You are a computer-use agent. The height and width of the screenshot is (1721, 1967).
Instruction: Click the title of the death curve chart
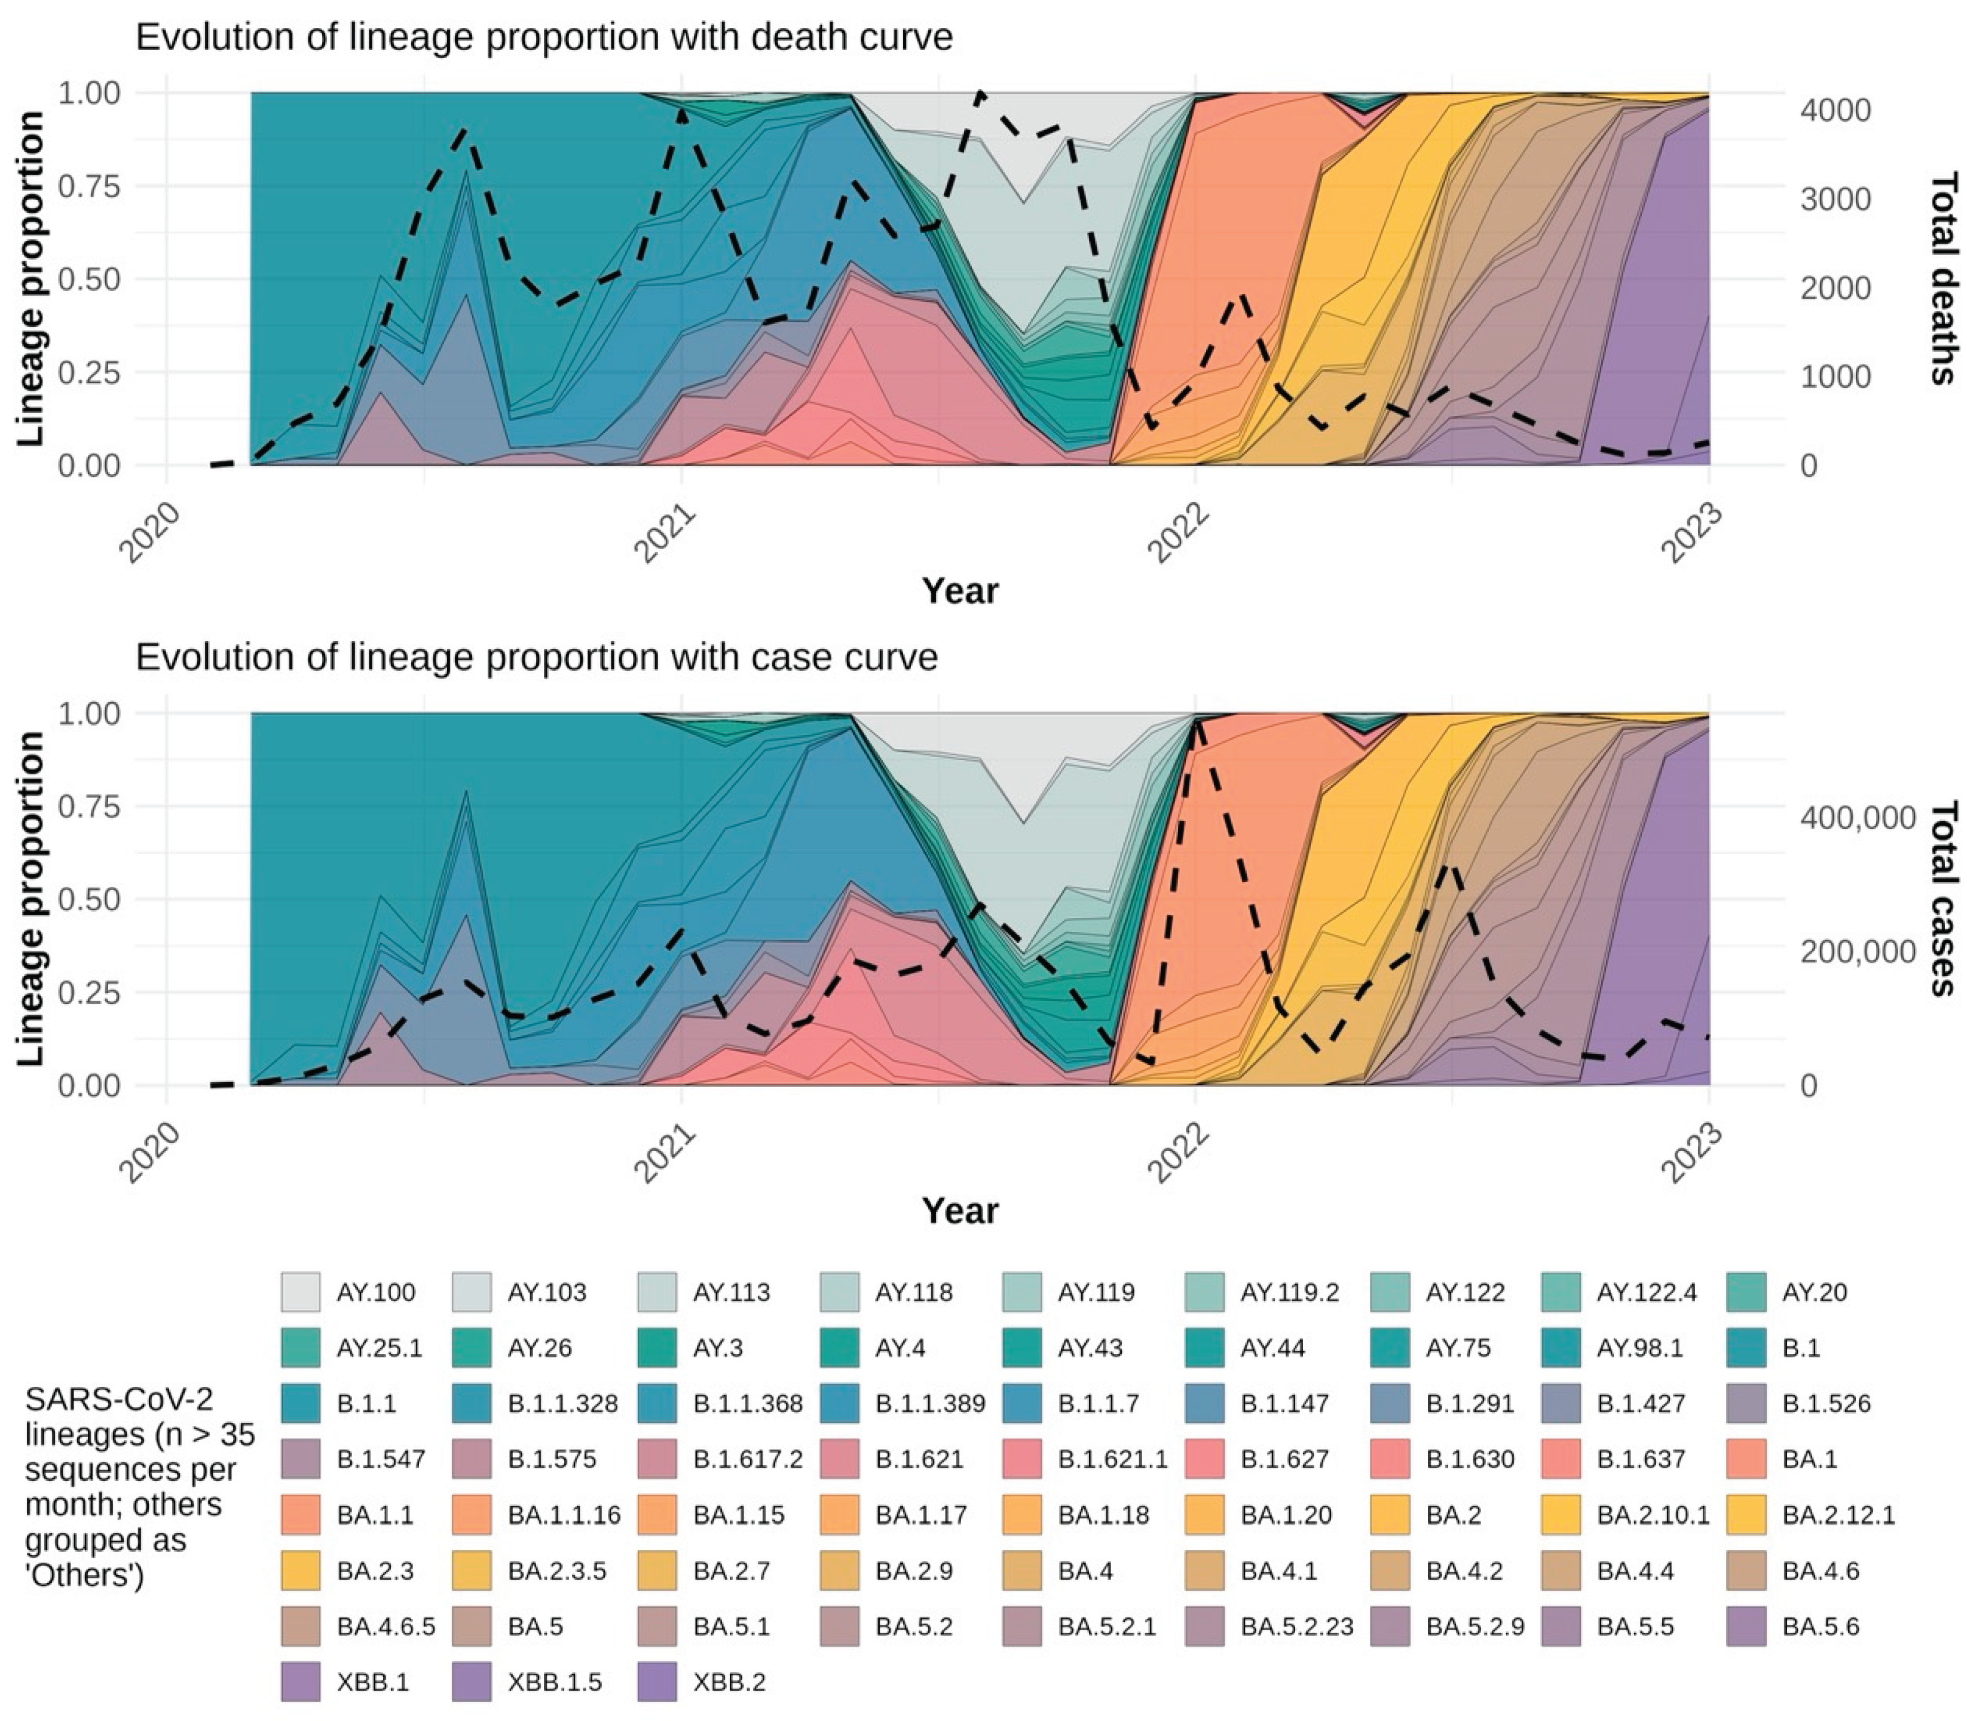[544, 38]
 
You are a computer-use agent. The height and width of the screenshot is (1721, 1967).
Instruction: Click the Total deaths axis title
[1941, 278]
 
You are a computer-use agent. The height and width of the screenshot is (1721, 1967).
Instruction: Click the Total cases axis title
[1941, 898]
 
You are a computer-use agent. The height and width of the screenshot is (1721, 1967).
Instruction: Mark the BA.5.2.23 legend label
[1296, 1626]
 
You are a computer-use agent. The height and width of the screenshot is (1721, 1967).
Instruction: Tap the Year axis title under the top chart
[959, 590]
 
